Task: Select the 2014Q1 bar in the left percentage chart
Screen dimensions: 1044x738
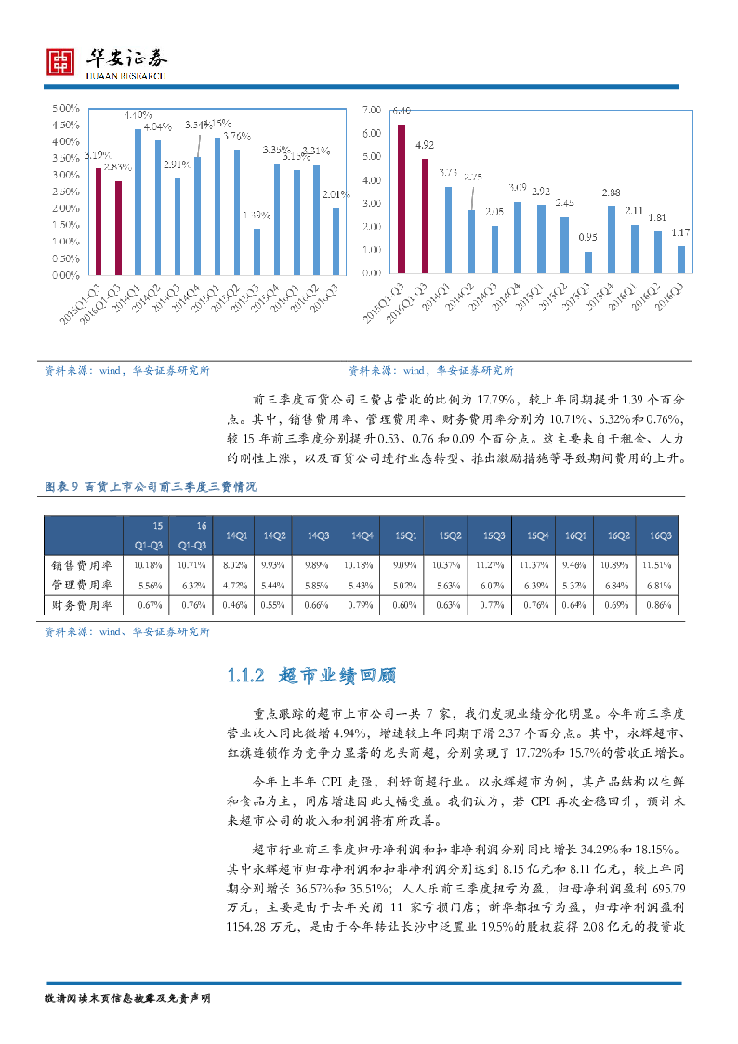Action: (x=138, y=202)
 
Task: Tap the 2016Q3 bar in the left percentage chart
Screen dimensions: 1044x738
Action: (x=336, y=241)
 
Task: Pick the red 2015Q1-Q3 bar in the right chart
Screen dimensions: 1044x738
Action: (x=402, y=198)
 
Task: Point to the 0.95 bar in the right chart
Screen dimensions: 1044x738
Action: (x=587, y=262)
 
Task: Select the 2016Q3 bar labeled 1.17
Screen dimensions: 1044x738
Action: (x=680, y=259)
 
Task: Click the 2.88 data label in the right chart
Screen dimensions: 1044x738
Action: (x=611, y=192)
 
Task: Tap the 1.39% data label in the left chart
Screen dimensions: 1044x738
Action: (x=257, y=216)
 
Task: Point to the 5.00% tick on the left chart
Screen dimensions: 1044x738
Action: (x=66, y=109)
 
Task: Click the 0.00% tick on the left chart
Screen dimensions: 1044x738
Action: (x=66, y=275)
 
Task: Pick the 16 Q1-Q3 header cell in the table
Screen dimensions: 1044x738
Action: (x=191, y=535)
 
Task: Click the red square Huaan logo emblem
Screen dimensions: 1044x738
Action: (x=60, y=63)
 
